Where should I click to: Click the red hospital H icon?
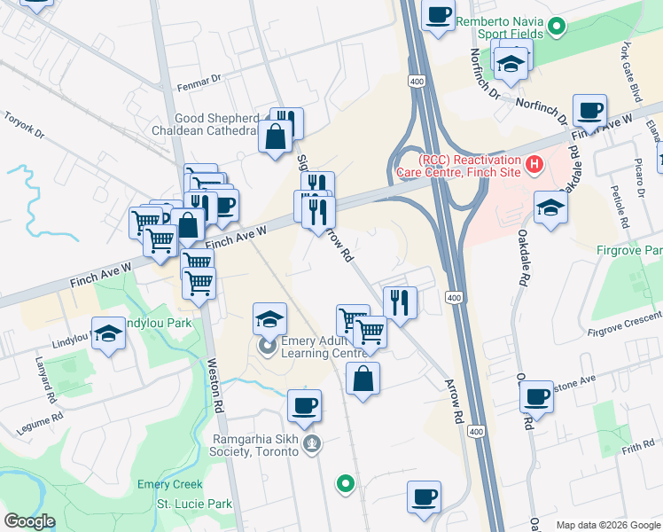click(534, 164)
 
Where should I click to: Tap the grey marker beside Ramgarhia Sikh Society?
click(310, 444)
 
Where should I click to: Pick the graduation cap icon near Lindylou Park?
click(108, 333)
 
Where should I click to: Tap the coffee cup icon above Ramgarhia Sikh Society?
click(304, 405)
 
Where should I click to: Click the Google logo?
click(29, 521)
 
